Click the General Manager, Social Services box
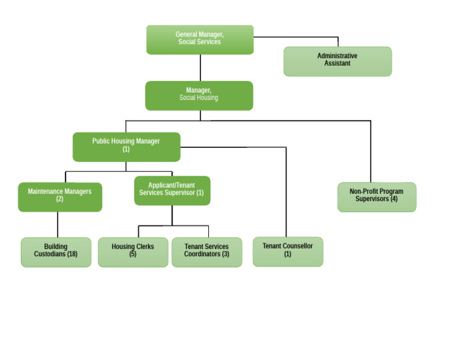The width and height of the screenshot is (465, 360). click(x=200, y=39)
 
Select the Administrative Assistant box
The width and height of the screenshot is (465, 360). click(x=337, y=61)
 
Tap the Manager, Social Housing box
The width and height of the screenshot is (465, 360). click(x=199, y=95)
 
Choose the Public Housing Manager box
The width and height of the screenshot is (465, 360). click(x=126, y=147)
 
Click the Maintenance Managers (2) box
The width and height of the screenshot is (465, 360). click(x=60, y=197)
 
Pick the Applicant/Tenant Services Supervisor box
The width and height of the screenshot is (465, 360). click(x=172, y=190)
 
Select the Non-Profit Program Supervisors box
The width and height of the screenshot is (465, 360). click(x=377, y=197)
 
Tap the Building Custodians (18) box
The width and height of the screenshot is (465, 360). click(x=56, y=252)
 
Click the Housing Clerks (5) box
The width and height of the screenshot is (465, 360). click(x=133, y=252)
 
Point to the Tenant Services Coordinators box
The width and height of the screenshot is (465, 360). click(x=206, y=252)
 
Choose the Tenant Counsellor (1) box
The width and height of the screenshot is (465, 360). click(x=288, y=252)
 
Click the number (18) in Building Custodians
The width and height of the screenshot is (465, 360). click(x=72, y=255)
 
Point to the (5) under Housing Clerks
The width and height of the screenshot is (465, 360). click(x=133, y=255)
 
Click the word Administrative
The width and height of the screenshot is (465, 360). click(x=337, y=56)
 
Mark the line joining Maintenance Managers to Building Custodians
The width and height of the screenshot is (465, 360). click(x=58, y=224)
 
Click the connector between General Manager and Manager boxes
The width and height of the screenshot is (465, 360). click(x=200, y=67)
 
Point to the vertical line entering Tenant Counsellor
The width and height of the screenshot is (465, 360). click(x=286, y=194)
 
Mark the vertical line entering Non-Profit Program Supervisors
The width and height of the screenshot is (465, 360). click(x=371, y=152)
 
